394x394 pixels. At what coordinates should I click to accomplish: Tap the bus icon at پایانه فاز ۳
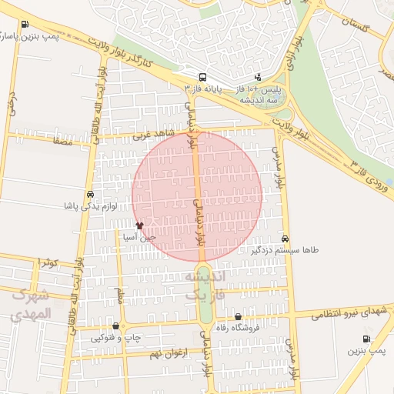(x=202, y=77)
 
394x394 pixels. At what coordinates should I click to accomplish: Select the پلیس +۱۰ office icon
(x=257, y=77)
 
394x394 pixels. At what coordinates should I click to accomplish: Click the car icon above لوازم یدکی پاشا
(x=91, y=195)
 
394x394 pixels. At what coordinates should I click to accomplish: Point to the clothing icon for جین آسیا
(x=139, y=225)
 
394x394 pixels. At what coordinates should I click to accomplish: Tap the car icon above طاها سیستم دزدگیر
(x=285, y=239)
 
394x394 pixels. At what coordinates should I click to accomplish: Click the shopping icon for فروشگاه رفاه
(x=238, y=317)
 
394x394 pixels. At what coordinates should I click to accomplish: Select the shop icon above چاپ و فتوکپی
(x=115, y=326)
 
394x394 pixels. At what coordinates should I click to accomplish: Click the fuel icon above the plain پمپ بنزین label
(x=366, y=339)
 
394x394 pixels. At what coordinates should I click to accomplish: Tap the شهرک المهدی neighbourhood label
(x=31, y=305)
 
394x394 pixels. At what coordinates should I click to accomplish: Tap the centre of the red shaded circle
(x=199, y=195)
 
